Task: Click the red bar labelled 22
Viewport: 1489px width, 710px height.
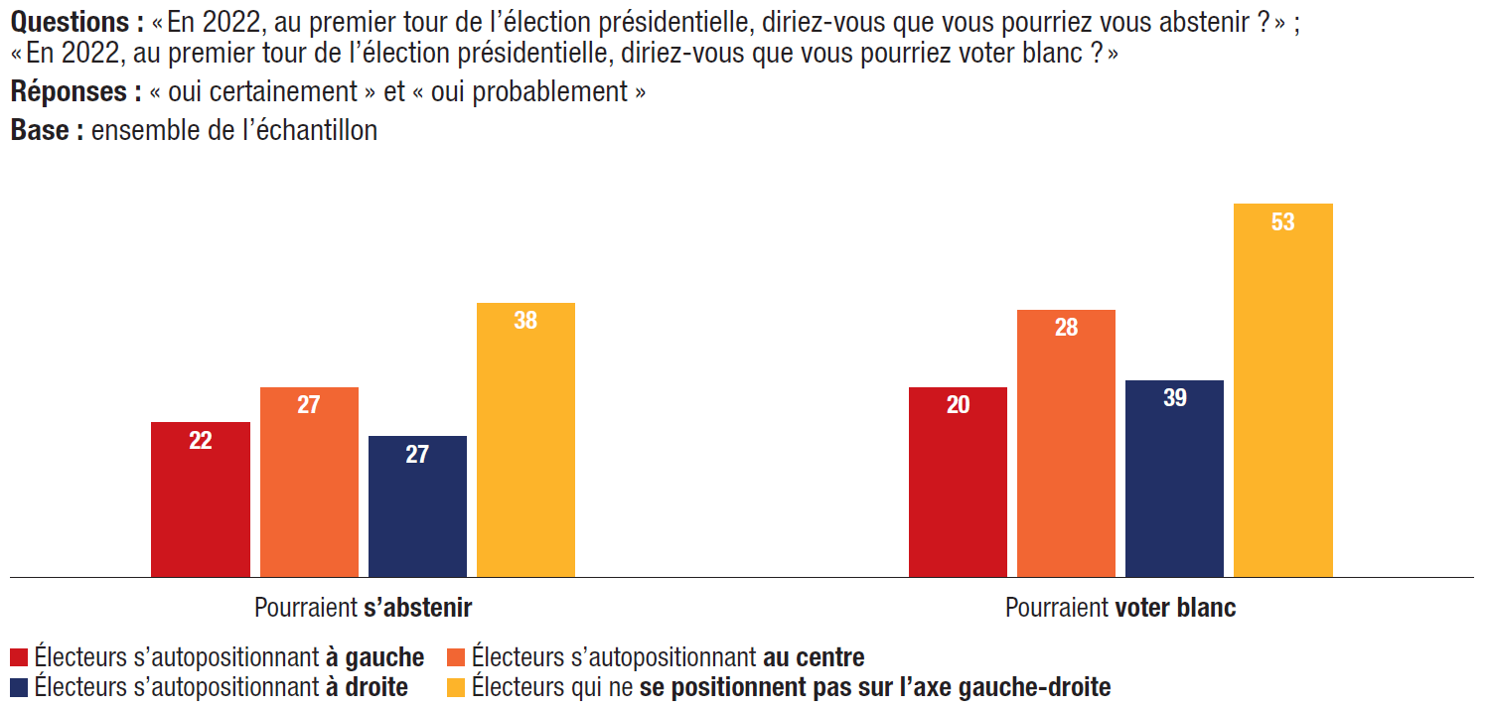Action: point(200,499)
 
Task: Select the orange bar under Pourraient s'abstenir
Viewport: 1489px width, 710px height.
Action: point(309,482)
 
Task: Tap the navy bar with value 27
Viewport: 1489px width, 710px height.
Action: point(417,506)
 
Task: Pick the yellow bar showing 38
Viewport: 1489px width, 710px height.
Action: point(525,440)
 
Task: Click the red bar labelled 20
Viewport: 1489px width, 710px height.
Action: point(958,482)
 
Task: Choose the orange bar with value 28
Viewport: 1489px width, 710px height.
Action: point(1066,443)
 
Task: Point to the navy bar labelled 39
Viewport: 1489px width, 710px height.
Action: point(1174,479)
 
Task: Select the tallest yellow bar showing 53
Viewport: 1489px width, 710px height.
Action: point(1282,390)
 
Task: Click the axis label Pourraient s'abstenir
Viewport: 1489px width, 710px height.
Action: point(363,608)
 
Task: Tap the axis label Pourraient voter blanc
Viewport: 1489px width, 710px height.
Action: point(1120,608)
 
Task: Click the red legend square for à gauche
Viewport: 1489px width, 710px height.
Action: point(19,657)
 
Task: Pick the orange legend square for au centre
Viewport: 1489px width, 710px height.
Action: point(457,657)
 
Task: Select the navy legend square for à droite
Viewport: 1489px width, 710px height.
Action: point(19,686)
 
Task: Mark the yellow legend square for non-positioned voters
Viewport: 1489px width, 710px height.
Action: point(457,686)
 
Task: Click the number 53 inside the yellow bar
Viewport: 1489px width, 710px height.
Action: point(1282,222)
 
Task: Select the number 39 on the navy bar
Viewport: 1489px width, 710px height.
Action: point(1174,398)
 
